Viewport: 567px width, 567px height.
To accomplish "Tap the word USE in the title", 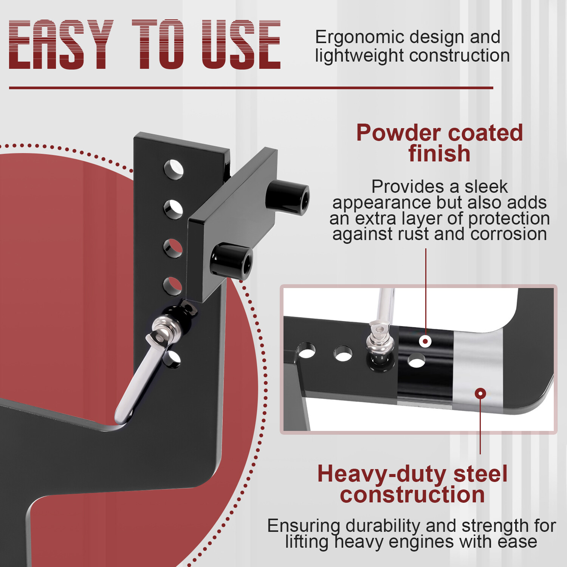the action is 241,45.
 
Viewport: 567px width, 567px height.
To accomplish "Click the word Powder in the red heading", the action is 398,133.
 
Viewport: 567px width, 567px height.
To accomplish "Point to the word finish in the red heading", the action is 439,153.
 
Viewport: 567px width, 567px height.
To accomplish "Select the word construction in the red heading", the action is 412,495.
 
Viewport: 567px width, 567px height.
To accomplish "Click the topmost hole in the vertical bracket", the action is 174,169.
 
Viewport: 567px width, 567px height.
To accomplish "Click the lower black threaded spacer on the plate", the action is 231,261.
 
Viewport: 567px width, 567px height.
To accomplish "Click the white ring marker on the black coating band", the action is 425,341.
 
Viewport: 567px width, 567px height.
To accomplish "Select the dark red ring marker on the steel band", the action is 480,393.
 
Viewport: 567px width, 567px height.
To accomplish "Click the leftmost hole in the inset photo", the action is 306,350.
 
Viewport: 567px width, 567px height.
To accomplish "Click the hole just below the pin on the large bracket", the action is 172,359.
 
